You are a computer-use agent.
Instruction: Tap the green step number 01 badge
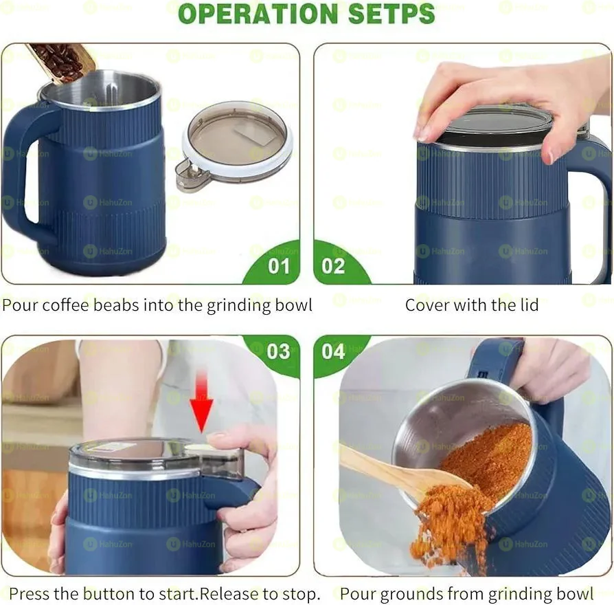(278, 265)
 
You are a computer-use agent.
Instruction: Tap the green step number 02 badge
(334, 265)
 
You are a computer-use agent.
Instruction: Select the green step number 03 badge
(278, 351)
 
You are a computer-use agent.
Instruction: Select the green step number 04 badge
(334, 351)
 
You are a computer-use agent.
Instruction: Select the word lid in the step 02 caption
(528, 305)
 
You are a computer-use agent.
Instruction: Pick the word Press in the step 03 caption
(29, 593)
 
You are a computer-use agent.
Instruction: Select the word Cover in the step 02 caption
(424, 305)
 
